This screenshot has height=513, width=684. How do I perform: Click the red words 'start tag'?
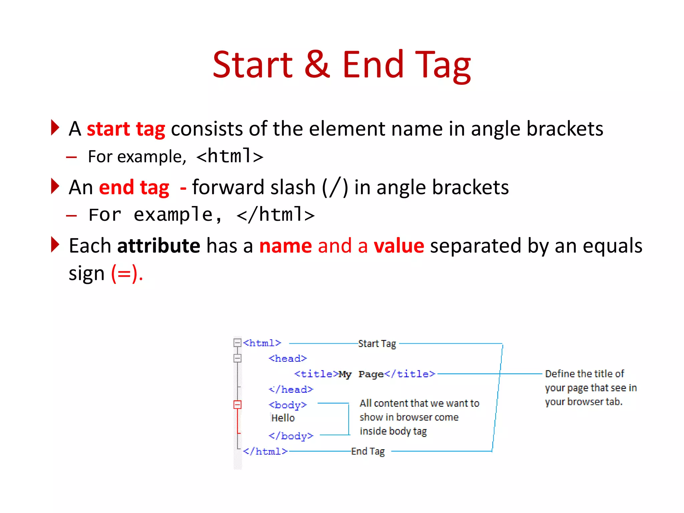126,129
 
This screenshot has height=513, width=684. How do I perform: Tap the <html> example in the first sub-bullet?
230,156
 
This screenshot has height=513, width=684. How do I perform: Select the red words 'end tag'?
134,187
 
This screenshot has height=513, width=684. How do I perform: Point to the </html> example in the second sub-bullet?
275,215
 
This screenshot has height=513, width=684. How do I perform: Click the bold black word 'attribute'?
159,246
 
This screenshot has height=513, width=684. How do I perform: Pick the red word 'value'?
399,246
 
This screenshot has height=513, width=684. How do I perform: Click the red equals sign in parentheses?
124,274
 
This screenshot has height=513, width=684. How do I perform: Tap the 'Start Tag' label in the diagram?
377,344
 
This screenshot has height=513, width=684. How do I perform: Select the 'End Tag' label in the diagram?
368,452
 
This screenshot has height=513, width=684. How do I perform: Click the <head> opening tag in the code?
288,359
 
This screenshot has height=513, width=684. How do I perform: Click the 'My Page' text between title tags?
361,374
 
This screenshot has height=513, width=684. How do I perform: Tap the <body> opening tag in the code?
288,405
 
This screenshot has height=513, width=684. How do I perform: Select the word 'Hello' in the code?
283,418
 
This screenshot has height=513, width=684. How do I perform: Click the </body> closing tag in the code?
291,436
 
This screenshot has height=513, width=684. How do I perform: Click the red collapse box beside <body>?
237,405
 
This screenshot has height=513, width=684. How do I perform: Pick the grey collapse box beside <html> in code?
237,343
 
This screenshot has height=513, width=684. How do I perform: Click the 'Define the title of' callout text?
584,374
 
